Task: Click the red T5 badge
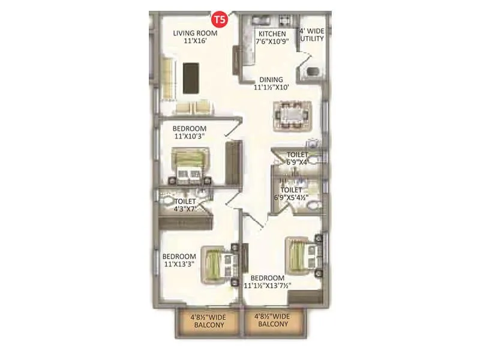click(221, 19)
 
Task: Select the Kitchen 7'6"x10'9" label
click(272, 38)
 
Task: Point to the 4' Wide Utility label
click(312, 35)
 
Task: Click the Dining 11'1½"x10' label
click(271, 83)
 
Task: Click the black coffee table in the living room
click(191, 78)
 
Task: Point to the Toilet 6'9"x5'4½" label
click(298, 193)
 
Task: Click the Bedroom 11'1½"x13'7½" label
click(267, 282)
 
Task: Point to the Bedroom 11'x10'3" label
click(190, 132)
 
